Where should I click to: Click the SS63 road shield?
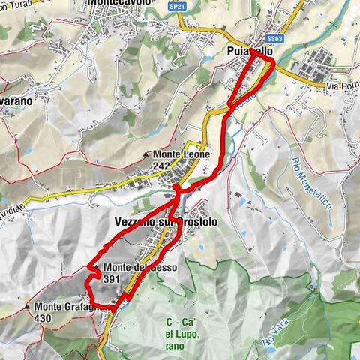click(x=274, y=39)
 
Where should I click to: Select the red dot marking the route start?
click(x=175, y=188)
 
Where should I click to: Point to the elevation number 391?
click(x=113, y=278)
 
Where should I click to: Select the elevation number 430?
click(x=43, y=317)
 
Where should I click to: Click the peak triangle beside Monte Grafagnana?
click(x=27, y=306)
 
